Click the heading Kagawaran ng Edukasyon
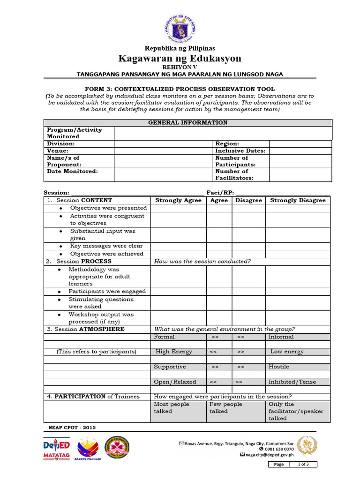(180, 58)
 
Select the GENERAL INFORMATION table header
(188, 122)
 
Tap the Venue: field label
(58, 151)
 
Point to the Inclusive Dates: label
(240, 151)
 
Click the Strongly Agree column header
(178, 200)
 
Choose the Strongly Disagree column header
(298, 200)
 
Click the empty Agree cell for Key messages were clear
(219, 246)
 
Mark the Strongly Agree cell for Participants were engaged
(178, 291)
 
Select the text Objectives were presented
(108, 208)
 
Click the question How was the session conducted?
(202, 261)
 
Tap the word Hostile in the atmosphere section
(278, 367)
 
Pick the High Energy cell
(174, 352)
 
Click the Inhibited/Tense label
(292, 382)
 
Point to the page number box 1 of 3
(307, 464)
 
